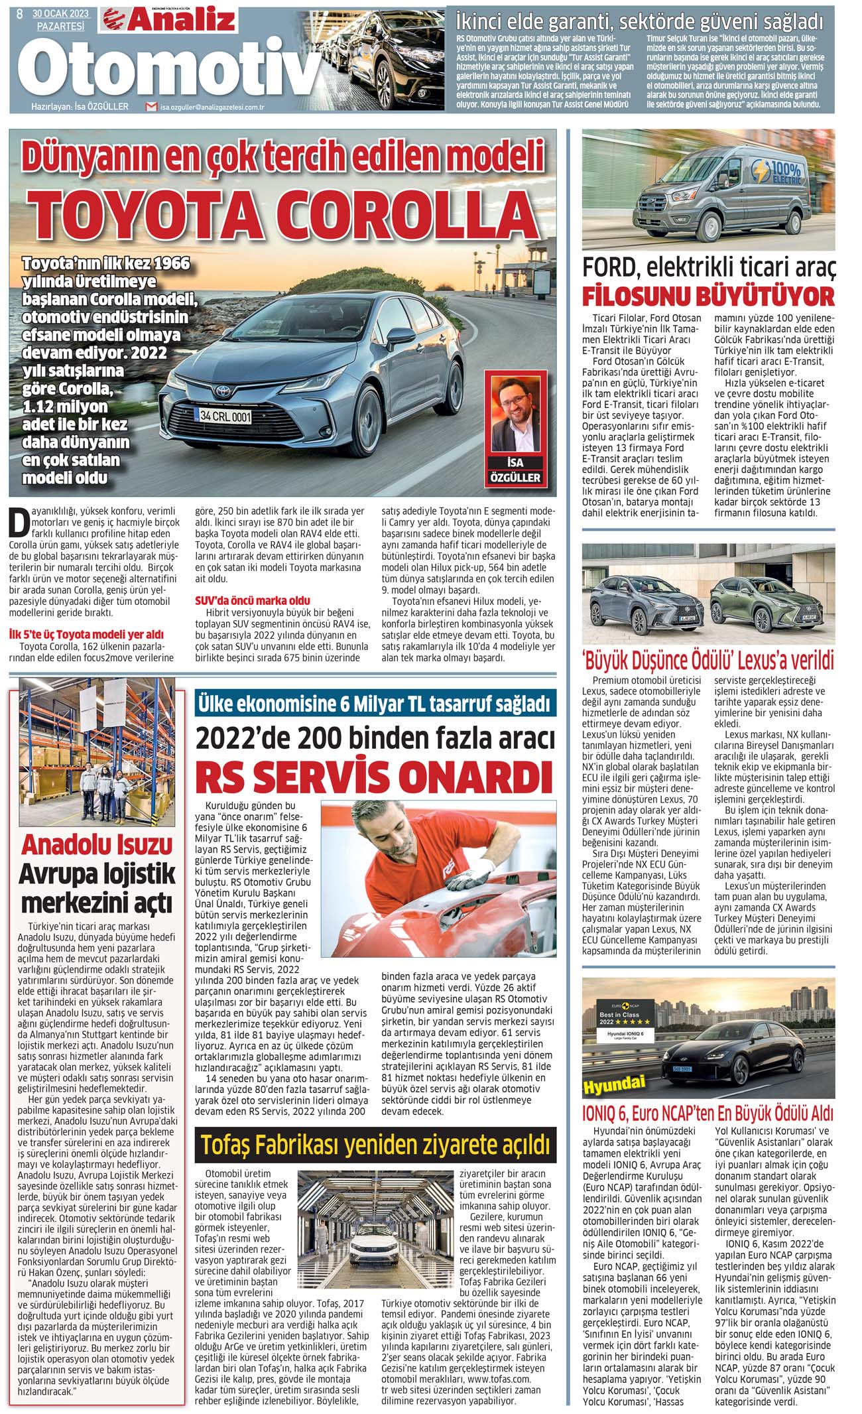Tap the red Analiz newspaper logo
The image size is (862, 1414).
click(168, 18)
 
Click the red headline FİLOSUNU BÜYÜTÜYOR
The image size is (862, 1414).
click(708, 295)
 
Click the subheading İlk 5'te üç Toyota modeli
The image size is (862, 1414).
click(86, 634)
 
